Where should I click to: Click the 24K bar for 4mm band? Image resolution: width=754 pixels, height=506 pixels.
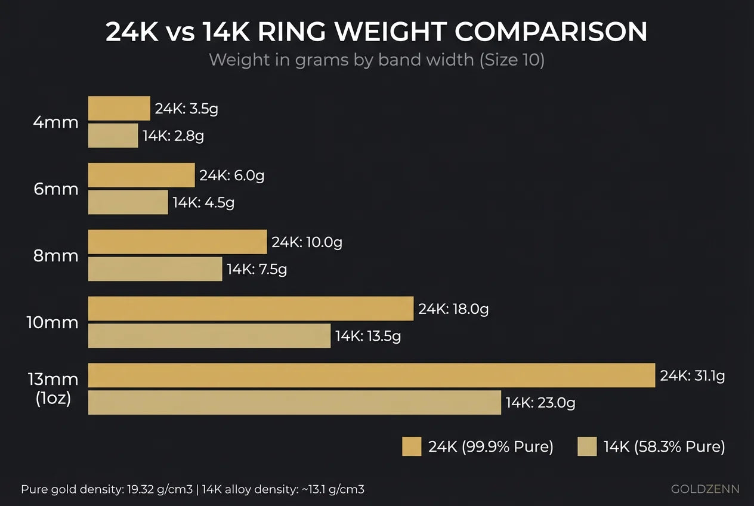tap(119, 109)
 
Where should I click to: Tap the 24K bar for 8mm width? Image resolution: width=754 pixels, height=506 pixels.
tap(177, 242)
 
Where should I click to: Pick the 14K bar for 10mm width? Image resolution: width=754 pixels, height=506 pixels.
tap(209, 336)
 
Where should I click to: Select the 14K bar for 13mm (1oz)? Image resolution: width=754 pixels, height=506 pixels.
tap(294, 403)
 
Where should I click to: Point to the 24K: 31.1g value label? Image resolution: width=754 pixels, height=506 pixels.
tap(692, 376)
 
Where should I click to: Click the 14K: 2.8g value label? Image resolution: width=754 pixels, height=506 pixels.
tap(173, 136)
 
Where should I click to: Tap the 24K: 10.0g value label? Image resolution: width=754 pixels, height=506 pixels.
tap(307, 242)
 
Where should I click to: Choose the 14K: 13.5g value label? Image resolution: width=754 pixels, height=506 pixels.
tap(367, 336)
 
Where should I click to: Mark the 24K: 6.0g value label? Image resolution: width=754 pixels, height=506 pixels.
tap(231, 176)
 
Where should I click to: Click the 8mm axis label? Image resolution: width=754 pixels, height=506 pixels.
tap(56, 256)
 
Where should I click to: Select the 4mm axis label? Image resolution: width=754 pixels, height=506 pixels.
tap(56, 122)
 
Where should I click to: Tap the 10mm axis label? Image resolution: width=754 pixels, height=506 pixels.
tap(52, 323)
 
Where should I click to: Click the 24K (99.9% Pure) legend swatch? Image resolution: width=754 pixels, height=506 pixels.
tap(412, 446)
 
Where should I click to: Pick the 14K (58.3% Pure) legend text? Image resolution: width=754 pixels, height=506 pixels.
tap(664, 446)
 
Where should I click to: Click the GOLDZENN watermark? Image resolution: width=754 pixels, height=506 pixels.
tap(705, 489)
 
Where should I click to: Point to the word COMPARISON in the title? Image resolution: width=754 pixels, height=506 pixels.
tap(551, 32)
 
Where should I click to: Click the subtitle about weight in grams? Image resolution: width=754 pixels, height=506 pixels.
tap(376, 60)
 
